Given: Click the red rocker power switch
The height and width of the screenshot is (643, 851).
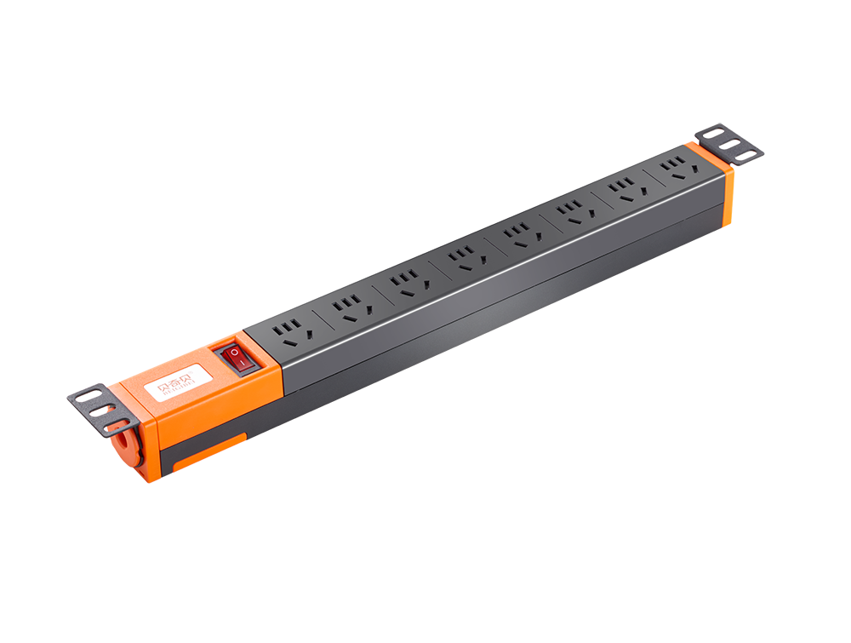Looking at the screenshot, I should [x=238, y=359].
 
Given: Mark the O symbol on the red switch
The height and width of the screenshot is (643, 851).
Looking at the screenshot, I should [x=234, y=352].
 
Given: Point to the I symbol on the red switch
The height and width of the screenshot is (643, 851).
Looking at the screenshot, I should [x=243, y=365].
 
